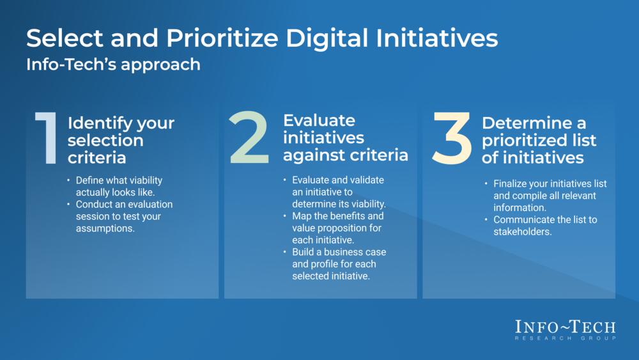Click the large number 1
coord(47,139)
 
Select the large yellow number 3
coord(452,137)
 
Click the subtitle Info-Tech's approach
coord(113,65)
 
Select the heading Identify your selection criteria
coord(121,140)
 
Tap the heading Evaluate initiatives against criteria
coord(345,137)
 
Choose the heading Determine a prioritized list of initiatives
coord(539,140)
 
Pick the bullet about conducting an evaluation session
coord(124,217)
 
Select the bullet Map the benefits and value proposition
coord(338,228)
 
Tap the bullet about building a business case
coord(339,263)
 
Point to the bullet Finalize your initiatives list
coord(550,196)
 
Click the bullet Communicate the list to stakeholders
coord(545,226)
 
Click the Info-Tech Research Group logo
coord(566,329)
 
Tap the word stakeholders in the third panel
coord(522,232)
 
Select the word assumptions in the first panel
coord(105,229)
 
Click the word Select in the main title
coord(61,39)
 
